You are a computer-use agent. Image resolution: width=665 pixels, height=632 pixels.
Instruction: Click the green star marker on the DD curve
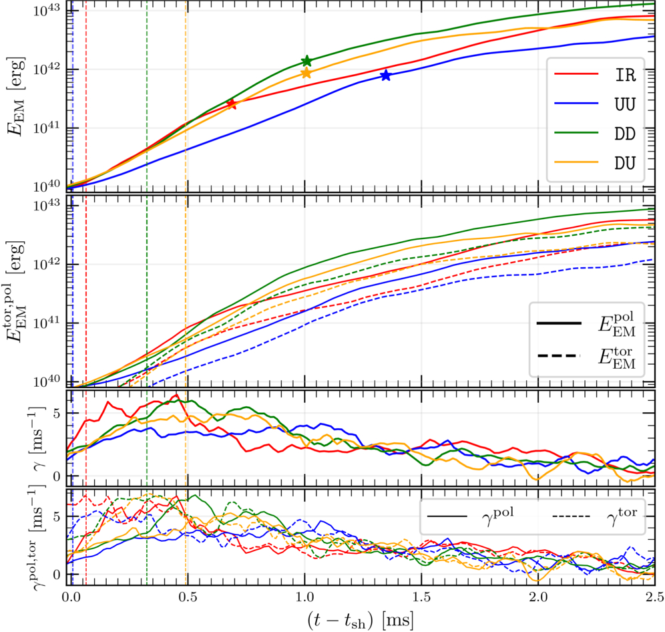coord(306,61)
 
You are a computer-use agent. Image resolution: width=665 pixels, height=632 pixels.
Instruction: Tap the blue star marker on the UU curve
coord(385,75)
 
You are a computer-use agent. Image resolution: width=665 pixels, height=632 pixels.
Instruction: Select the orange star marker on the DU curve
coord(306,73)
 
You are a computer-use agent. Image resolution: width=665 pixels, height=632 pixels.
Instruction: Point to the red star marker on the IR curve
coord(231,104)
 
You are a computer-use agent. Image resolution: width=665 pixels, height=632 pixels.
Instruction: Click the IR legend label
coord(625,75)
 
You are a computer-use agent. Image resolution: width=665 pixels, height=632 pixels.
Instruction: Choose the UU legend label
coord(625,104)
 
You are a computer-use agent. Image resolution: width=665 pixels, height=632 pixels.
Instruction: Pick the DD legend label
coord(625,134)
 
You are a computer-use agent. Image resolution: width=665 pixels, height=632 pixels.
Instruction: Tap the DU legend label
coord(625,163)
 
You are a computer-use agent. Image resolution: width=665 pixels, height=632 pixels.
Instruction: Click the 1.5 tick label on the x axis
coord(421,597)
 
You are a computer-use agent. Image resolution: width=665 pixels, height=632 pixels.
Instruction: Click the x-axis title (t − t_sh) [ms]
coord(360,620)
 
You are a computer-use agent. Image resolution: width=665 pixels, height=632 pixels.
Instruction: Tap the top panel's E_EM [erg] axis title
coord(16,96)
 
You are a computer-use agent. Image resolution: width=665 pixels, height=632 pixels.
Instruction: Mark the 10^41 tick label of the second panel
coord(47,322)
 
